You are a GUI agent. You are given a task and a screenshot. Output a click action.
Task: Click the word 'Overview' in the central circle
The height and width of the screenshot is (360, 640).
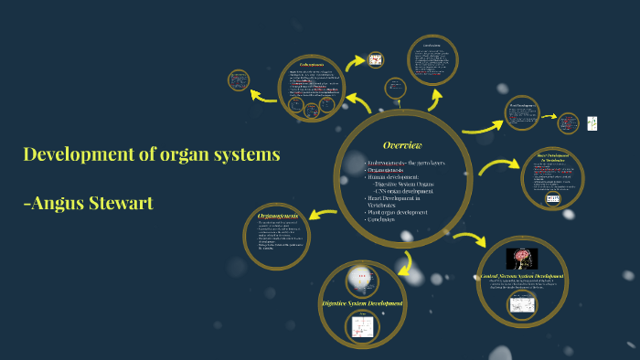pyautogui.click(x=402, y=146)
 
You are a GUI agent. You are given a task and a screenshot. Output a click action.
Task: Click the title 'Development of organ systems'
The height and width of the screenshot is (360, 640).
pyautogui.click(x=151, y=154)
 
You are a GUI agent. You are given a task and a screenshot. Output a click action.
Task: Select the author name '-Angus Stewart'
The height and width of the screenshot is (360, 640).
pyautogui.click(x=87, y=203)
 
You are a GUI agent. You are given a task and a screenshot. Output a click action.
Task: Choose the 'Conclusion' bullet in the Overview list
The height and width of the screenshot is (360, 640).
pyautogui.click(x=385, y=219)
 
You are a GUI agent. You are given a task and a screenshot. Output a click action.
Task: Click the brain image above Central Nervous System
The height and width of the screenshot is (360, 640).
pyautogui.click(x=521, y=258)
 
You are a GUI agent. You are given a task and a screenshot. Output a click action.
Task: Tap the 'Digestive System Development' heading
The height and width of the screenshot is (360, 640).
pyautogui.click(x=362, y=302)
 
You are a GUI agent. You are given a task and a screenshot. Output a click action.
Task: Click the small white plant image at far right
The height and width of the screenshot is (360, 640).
pyautogui.click(x=592, y=122)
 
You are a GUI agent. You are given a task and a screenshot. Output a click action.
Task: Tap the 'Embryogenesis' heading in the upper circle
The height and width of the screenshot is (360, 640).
pyautogui.click(x=312, y=65)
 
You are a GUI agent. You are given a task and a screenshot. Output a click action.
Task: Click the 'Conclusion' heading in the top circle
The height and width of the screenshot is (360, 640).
pyautogui.click(x=432, y=46)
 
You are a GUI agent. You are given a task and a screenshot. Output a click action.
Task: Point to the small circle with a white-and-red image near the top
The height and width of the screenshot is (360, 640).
pyautogui.click(x=376, y=60)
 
